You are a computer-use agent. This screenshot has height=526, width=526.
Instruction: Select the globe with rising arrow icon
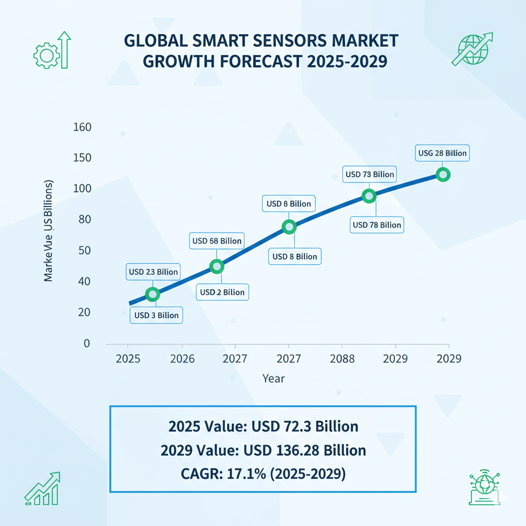coord(472,49)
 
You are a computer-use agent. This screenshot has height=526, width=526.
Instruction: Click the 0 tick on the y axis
coord(87,343)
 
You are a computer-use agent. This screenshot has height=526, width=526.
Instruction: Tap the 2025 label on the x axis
coord(128,359)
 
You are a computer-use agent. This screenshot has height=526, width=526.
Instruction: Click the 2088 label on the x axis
coord(342,359)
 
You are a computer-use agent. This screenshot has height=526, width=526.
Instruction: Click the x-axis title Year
coord(273,379)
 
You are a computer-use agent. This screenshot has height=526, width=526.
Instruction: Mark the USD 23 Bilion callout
coord(153,272)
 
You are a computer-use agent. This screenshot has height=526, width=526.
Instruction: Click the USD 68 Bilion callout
coord(216,240)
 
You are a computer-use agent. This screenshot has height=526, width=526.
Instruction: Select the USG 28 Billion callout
coord(442,153)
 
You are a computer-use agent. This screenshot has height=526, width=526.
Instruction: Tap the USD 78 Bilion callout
coord(377,224)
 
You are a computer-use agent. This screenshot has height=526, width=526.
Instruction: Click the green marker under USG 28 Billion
coord(443,175)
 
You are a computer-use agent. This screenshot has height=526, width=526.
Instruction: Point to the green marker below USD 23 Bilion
coord(153,294)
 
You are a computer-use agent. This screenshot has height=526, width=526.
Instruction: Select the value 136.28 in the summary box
coord(289,450)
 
